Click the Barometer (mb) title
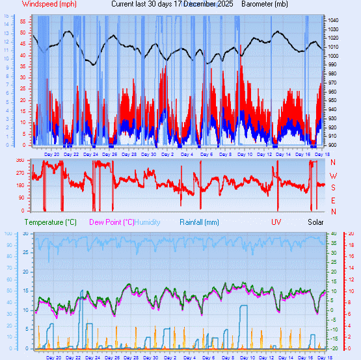(x=264, y=4)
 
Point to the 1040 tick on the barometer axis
(x=334, y=21)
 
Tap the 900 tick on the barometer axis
(x=334, y=145)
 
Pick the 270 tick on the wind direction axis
(x=20, y=174)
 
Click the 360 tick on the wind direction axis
(x=20, y=161)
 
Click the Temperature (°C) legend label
(x=51, y=222)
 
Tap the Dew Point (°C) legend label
(x=111, y=222)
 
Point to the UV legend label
(x=276, y=222)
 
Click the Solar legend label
(x=315, y=222)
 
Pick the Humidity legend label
(x=147, y=222)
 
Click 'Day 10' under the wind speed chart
(x=245, y=154)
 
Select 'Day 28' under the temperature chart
(x=130, y=357)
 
